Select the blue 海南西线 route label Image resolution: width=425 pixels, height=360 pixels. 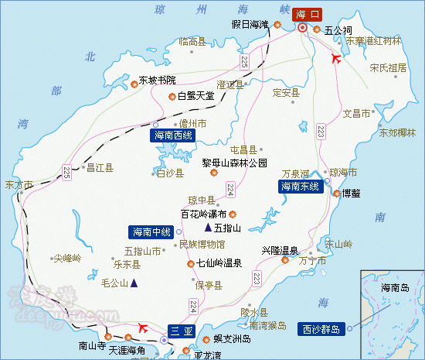[x=172, y=135]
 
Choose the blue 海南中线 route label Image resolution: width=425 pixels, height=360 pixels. [x=151, y=231]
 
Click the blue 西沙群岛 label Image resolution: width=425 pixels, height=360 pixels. [x=321, y=329]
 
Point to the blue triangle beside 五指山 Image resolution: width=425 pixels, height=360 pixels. [x=208, y=228]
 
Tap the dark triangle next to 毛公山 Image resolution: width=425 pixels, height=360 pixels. [x=134, y=283]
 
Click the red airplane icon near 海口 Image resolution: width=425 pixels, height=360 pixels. [x=335, y=58]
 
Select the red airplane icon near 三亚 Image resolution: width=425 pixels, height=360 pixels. [x=142, y=327]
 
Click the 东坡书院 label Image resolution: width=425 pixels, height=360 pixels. [x=157, y=80]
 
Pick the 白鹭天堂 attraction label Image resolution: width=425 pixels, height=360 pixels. [x=194, y=97]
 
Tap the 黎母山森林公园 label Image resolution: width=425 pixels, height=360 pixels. [x=235, y=163]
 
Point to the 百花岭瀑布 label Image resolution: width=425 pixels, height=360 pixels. [x=203, y=214]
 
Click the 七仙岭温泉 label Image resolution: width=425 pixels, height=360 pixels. [x=219, y=263]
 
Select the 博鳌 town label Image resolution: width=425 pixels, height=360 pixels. [x=352, y=193]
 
